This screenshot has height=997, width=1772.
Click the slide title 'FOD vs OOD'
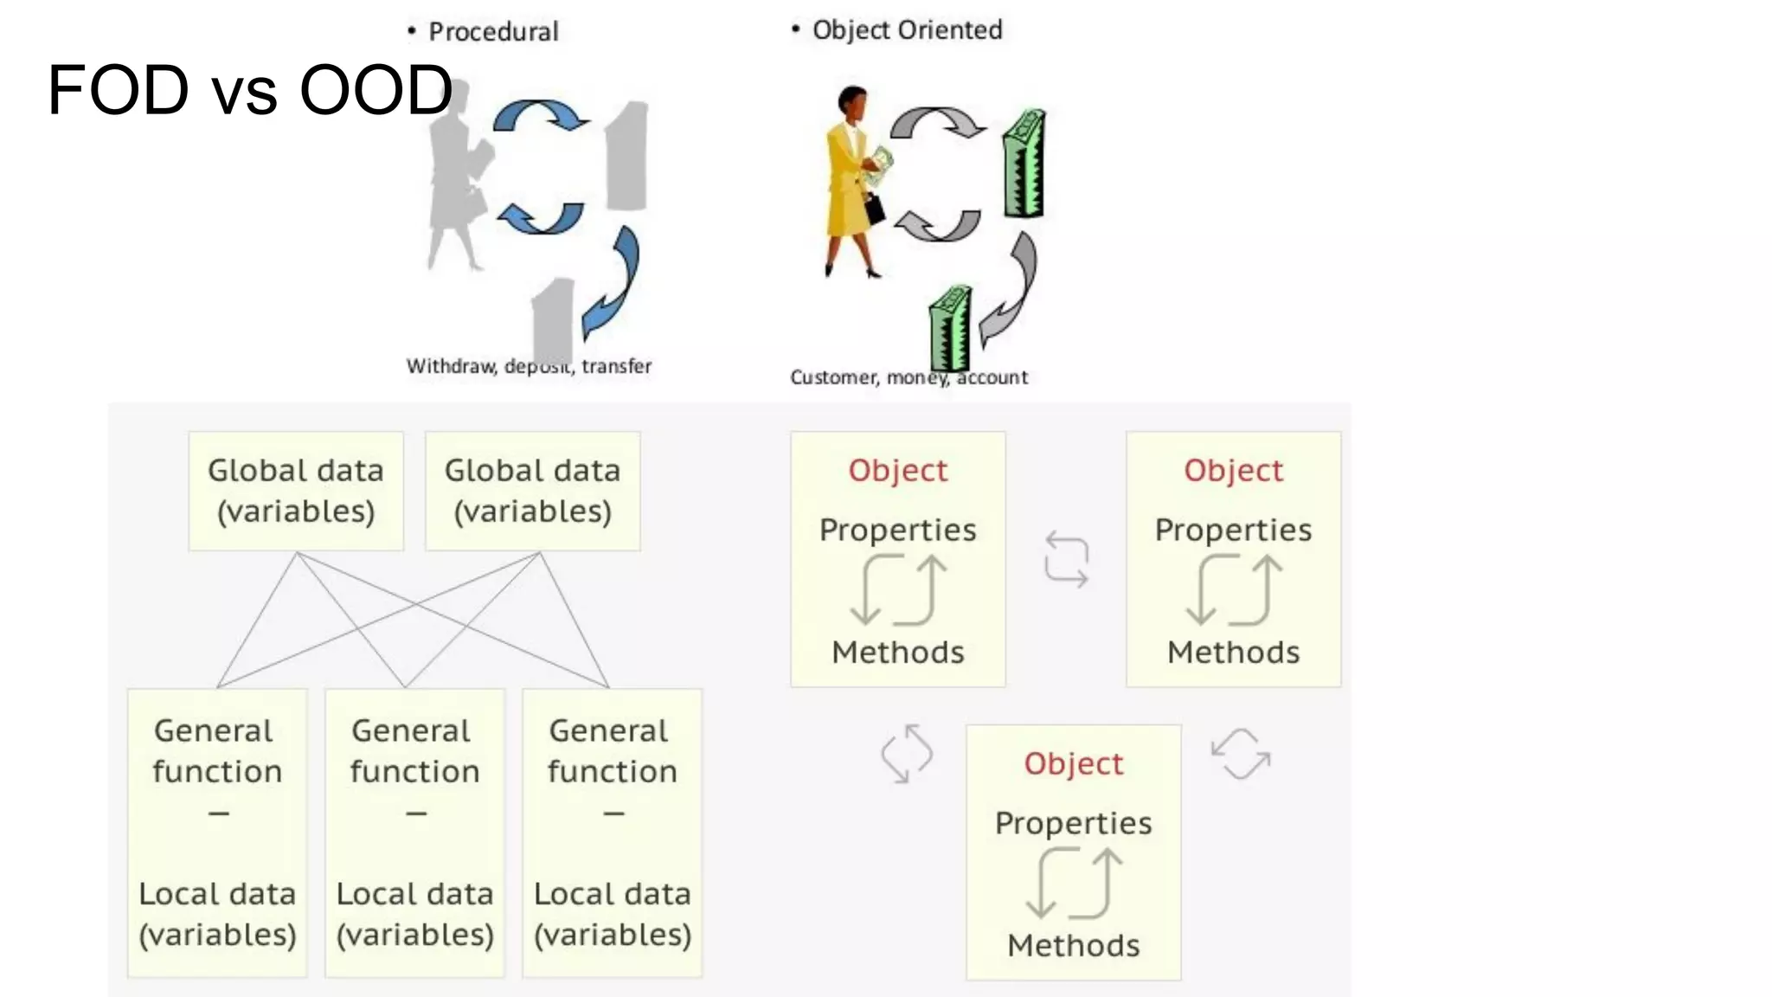(x=249, y=89)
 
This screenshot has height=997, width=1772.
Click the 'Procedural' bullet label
(x=493, y=32)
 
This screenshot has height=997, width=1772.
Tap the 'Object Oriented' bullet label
(x=907, y=30)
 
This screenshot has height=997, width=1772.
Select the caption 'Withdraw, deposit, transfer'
(x=529, y=366)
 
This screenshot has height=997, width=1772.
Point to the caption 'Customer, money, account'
(x=908, y=377)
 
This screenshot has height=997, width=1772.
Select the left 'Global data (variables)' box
(x=296, y=491)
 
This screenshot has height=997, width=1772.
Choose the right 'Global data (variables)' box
(x=532, y=491)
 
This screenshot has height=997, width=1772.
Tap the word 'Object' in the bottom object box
(x=1073, y=763)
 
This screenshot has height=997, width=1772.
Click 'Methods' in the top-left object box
(x=897, y=652)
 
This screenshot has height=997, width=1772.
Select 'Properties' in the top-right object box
(x=1233, y=530)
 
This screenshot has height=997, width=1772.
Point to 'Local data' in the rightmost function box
(x=612, y=894)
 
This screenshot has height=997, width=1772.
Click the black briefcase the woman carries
(x=875, y=208)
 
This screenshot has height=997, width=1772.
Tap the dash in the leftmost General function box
(x=218, y=814)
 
